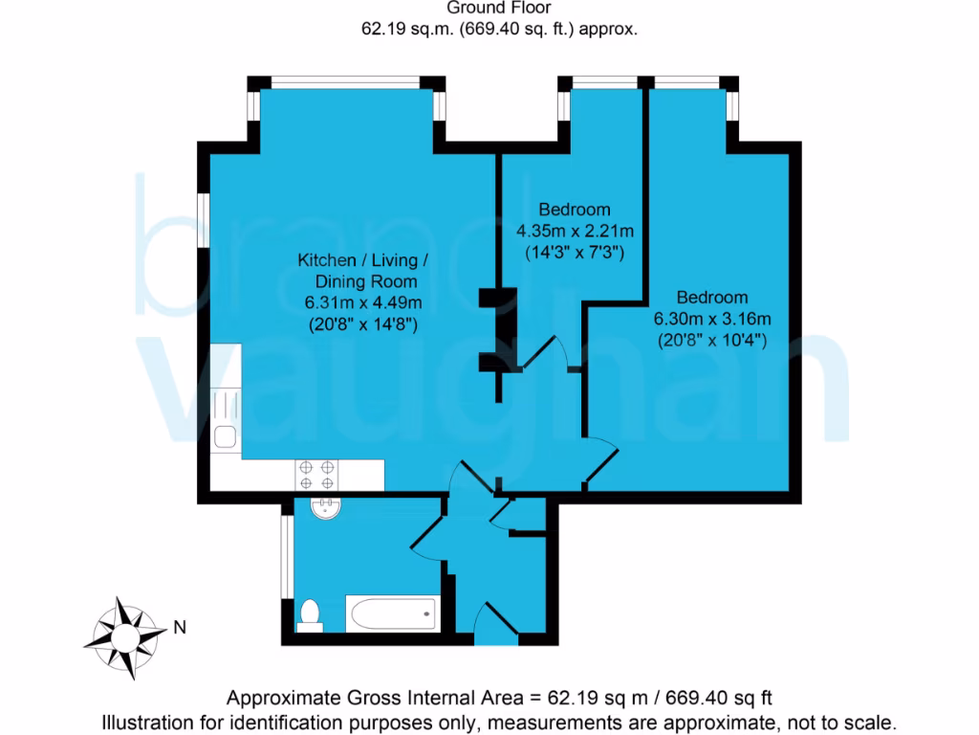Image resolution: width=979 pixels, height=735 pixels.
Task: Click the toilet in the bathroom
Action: click(310, 614)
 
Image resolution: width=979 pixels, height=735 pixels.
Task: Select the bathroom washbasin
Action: click(326, 508)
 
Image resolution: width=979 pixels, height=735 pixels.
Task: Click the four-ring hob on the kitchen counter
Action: click(317, 475)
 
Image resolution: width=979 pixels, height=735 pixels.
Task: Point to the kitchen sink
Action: click(226, 436)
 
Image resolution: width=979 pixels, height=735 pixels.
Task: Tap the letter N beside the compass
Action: click(180, 629)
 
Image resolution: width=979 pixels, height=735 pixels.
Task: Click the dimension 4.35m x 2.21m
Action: click(576, 231)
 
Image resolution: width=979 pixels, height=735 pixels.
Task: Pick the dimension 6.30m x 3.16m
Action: click(712, 319)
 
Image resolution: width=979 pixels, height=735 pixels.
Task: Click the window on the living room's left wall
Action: click(203, 220)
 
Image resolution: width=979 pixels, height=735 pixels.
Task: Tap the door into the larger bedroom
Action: click(604, 464)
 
